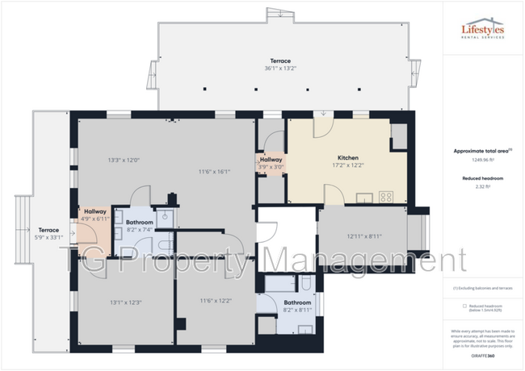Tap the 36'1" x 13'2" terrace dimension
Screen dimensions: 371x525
point(280,69)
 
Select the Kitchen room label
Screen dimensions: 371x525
point(348,157)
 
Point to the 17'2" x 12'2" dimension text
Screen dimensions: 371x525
point(348,165)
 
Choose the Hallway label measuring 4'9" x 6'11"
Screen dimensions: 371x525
point(95,211)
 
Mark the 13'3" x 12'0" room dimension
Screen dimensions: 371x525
point(124,160)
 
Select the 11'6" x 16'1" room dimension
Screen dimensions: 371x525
point(215,171)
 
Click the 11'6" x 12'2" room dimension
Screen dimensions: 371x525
point(215,300)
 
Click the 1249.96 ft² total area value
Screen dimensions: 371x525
point(483,158)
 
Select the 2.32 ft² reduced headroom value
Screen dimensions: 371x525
point(483,187)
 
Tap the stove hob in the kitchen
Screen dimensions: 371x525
point(386,196)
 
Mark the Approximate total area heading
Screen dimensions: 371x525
point(481,150)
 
